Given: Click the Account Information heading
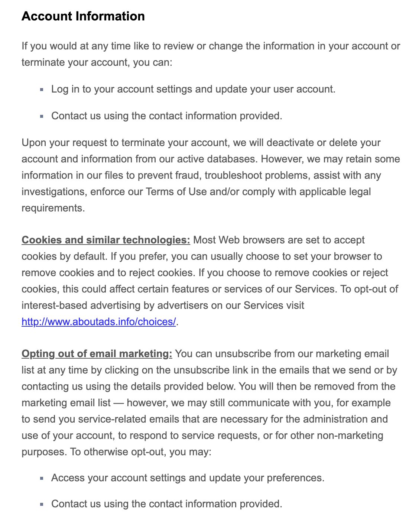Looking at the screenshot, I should [83, 16].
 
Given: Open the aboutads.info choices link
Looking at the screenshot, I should [98, 322].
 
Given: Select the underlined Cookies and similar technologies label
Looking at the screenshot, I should [106, 240].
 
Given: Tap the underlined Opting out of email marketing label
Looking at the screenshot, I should [97, 354].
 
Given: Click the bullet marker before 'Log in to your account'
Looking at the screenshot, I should [42, 90].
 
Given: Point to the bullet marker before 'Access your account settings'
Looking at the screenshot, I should [42, 478].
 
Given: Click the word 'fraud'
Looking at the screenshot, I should [188, 175].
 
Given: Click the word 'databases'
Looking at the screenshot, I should [233, 159].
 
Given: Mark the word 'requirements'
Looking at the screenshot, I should [52, 208].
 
